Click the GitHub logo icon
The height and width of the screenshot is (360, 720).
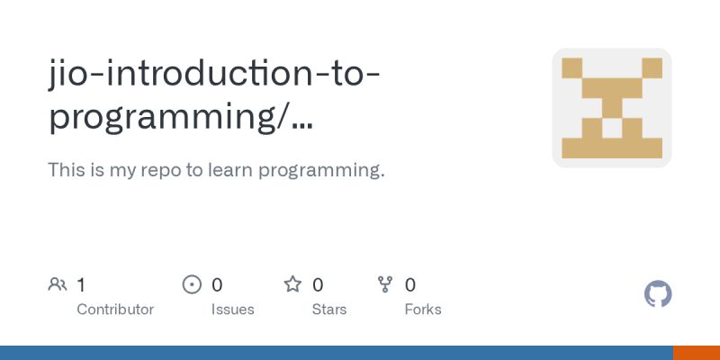(x=659, y=294)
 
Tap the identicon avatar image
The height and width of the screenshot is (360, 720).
(x=612, y=108)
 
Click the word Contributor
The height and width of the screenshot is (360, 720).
(x=115, y=310)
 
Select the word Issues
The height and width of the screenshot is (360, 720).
(x=233, y=310)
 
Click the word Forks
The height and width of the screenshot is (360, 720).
(x=423, y=310)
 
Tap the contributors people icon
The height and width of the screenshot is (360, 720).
(x=58, y=285)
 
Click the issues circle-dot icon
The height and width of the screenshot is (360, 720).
(x=192, y=285)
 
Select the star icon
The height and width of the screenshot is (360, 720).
(x=292, y=285)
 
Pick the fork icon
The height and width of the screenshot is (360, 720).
(x=385, y=285)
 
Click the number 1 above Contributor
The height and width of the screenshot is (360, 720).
(x=81, y=285)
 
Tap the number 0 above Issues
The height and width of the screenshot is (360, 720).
(x=217, y=285)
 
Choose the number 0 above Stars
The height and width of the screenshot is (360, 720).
(x=318, y=285)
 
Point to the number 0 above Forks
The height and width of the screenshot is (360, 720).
(x=410, y=285)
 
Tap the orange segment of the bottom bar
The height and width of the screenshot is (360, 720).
(x=697, y=353)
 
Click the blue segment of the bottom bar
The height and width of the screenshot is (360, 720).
(x=337, y=353)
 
